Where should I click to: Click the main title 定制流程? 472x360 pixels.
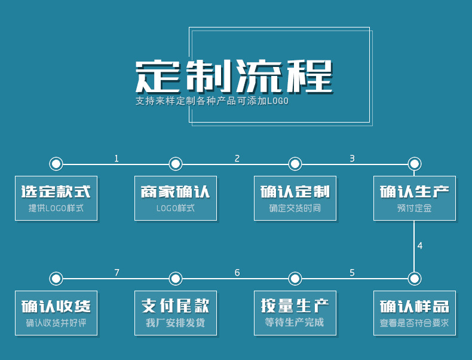tap(234, 76)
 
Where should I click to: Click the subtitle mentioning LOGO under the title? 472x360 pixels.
tap(212, 101)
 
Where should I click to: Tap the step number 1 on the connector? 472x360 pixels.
tap(117, 158)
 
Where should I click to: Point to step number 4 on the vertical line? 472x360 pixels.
tap(420, 246)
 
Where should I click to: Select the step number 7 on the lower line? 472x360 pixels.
tap(117, 273)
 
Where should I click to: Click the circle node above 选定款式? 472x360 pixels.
tap(56, 164)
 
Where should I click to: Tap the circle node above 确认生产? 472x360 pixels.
tap(415, 164)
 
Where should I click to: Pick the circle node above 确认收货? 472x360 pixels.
tap(56, 279)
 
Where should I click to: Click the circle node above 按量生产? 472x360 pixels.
tap(295, 279)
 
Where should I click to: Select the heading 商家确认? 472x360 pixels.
tap(176, 192)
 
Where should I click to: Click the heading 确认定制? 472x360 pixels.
tap(295, 192)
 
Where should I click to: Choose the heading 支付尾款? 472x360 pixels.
tap(176, 306)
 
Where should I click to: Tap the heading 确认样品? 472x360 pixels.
tap(415, 306)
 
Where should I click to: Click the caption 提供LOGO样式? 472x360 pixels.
tap(56, 208)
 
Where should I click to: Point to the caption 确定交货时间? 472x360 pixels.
tap(295, 208)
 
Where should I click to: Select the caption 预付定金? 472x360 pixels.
tap(415, 208)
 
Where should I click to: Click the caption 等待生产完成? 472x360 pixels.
tap(295, 323)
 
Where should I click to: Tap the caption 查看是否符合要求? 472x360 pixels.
tap(415, 323)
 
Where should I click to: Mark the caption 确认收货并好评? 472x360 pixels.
tap(56, 323)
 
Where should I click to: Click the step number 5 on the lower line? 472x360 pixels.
tap(352, 273)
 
